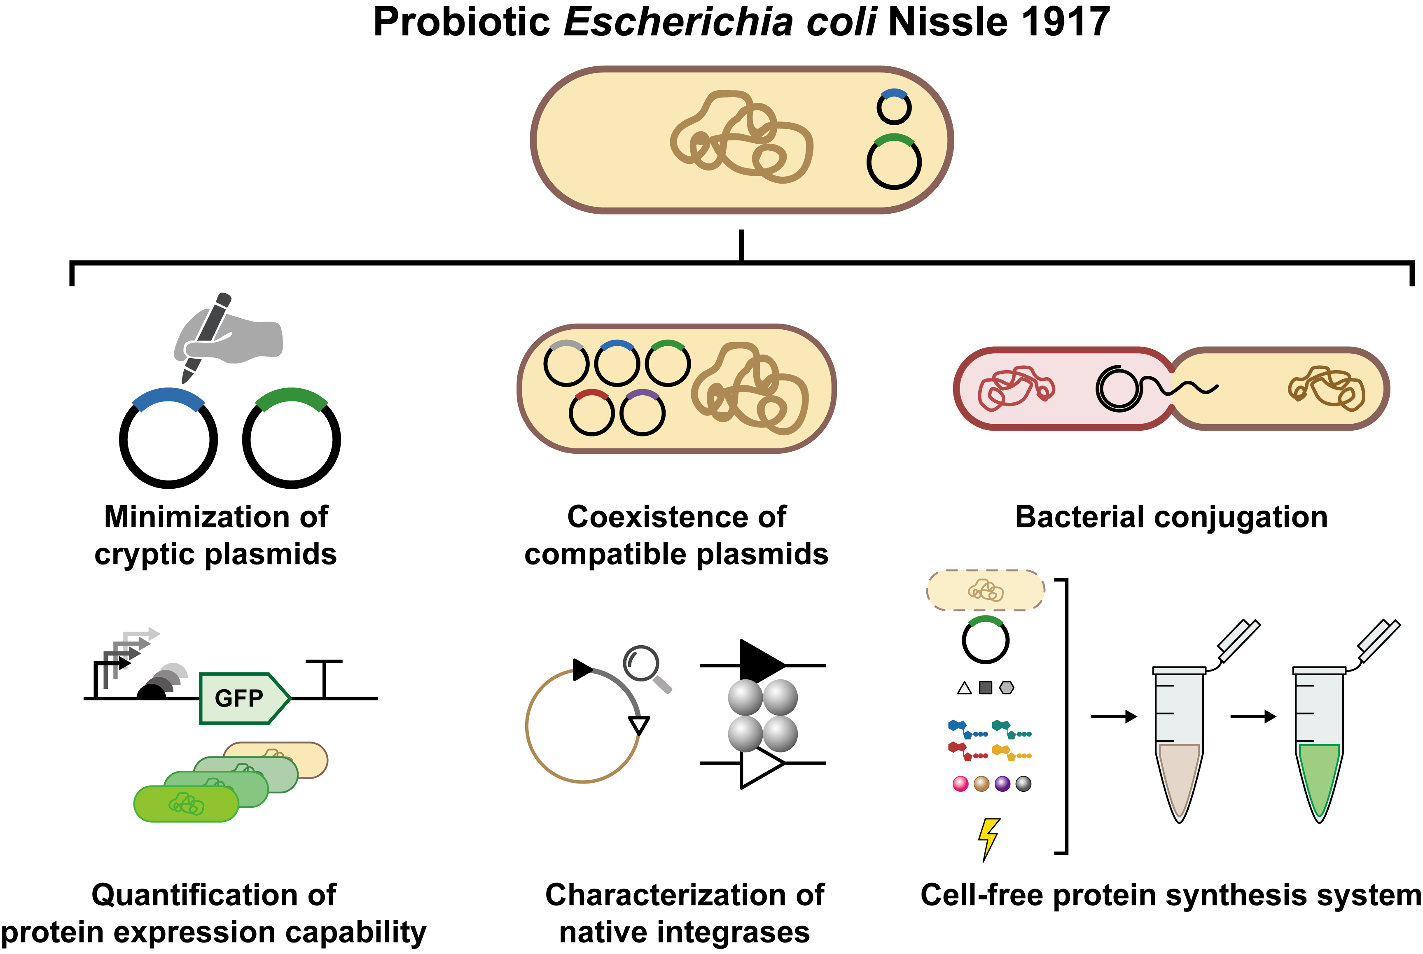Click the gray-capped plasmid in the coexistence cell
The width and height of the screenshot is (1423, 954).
[x=566, y=363]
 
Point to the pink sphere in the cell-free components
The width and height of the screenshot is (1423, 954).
[x=960, y=784]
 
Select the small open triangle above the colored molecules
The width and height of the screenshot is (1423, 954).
[x=964, y=688]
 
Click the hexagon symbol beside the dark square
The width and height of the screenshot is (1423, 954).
[x=1007, y=688]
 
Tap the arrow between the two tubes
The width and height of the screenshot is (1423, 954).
[x=1252, y=717]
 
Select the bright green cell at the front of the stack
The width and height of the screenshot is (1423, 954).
[x=186, y=804]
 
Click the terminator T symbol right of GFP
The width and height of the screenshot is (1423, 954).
[x=324, y=679]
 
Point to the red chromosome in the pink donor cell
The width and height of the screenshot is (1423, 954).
[x=1016, y=388]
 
